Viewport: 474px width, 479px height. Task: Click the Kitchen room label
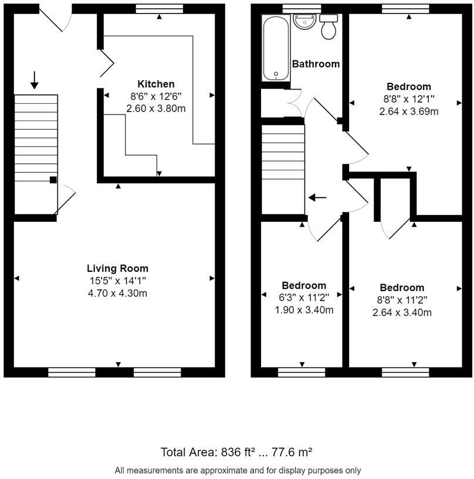(155, 84)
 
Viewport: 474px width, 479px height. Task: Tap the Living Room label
(117, 268)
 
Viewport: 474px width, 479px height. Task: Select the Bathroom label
(316, 64)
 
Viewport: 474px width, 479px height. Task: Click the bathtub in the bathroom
(276, 48)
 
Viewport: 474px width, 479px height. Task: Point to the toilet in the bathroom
(329, 27)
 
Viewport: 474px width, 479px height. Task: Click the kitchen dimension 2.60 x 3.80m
(155, 109)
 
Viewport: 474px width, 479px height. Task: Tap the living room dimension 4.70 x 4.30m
(117, 294)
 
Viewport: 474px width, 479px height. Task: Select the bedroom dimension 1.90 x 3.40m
(304, 310)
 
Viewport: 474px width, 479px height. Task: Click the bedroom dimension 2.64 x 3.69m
(409, 112)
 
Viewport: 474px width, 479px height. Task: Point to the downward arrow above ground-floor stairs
(35, 80)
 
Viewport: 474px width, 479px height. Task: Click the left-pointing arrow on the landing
(317, 198)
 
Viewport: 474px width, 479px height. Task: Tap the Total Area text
(236, 452)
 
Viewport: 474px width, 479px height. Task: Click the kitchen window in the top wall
(160, 9)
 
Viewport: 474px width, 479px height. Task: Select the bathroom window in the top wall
(302, 9)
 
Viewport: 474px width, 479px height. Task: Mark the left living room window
(72, 372)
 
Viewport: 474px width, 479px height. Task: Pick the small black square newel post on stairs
(53, 180)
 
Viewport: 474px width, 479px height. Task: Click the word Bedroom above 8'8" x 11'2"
(402, 288)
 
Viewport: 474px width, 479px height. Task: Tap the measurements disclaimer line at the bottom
(238, 470)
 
